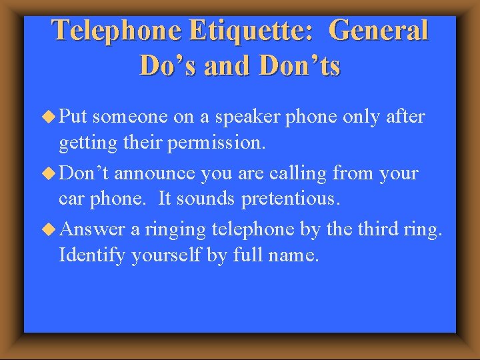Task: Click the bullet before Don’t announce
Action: point(49,173)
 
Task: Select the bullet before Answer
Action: point(49,229)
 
